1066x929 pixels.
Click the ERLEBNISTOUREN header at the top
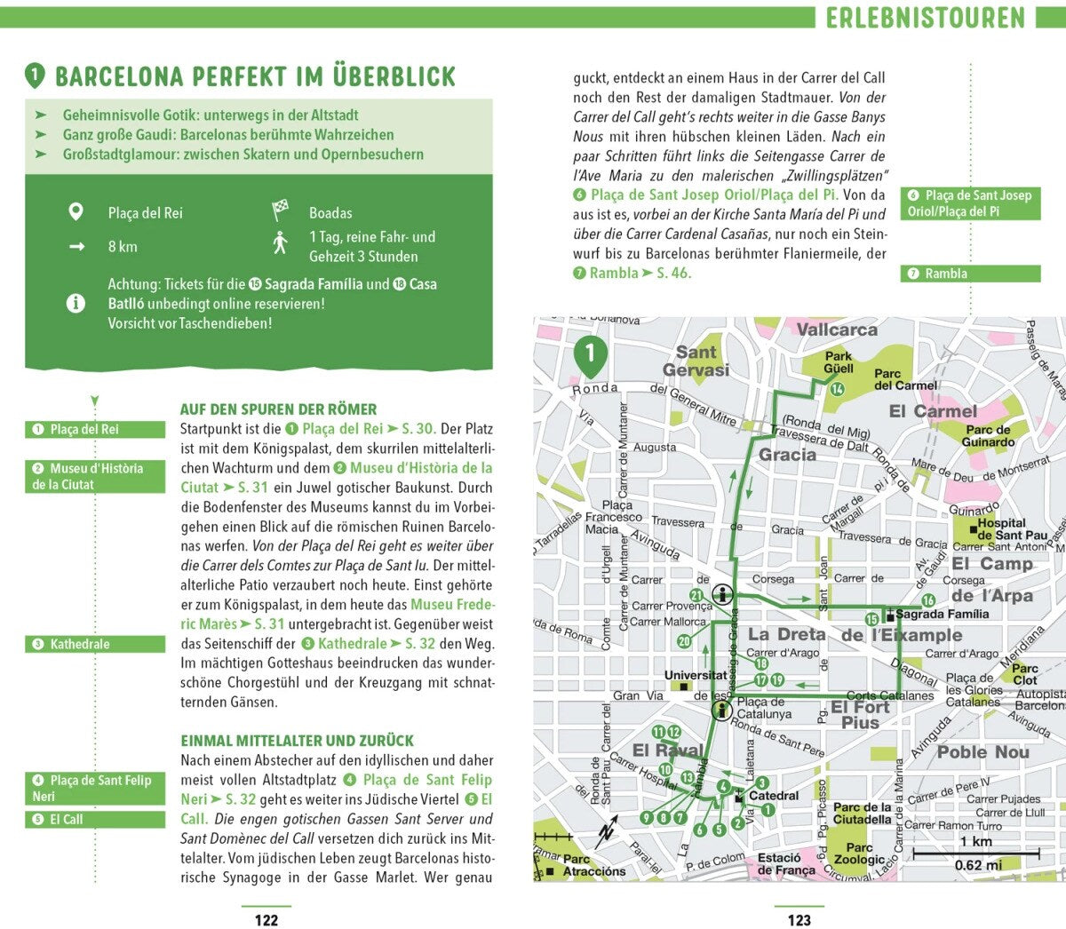click(x=925, y=17)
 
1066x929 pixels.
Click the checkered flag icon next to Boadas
click(x=281, y=211)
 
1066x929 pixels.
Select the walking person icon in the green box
click(x=281, y=242)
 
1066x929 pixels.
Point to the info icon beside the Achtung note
click(x=76, y=303)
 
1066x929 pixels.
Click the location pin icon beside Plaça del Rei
click(x=76, y=212)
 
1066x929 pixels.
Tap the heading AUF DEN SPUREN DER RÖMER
click(x=278, y=409)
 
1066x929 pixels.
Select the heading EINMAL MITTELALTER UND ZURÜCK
click(x=297, y=741)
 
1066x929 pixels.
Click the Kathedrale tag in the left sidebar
click(x=94, y=644)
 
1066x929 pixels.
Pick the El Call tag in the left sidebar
click(x=94, y=819)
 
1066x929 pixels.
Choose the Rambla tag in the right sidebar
click(x=970, y=274)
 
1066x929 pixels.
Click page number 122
click(x=266, y=920)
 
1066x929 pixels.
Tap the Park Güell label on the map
click(x=838, y=362)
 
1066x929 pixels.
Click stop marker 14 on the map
click(x=837, y=389)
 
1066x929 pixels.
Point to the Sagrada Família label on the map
click(x=942, y=614)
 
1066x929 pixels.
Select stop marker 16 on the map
click(x=927, y=601)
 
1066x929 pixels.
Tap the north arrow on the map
click(x=607, y=834)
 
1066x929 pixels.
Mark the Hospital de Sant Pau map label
click(x=1011, y=529)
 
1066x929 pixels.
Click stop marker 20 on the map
click(x=684, y=641)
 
